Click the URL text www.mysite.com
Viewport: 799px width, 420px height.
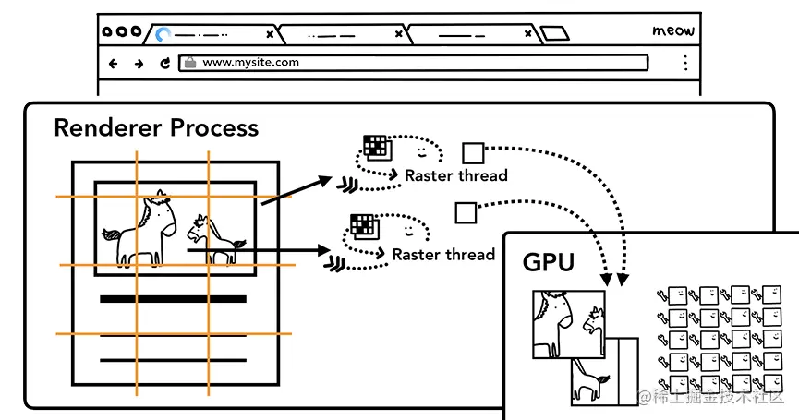(x=250, y=63)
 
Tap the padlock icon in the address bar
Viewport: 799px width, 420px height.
(x=189, y=63)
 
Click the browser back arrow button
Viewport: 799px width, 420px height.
(x=114, y=64)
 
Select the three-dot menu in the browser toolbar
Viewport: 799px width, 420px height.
(x=684, y=63)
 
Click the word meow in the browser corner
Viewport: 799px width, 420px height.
(x=672, y=30)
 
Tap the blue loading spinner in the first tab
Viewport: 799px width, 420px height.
(x=163, y=35)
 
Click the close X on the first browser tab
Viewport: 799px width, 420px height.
(x=270, y=34)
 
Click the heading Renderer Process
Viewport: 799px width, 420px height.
(x=156, y=127)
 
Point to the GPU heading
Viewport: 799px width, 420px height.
(x=549, y=263)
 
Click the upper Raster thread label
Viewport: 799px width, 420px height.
(x=456, y=175)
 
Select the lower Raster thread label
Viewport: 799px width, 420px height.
(x=443, y=254)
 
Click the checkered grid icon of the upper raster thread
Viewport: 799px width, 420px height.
(x=375, y=146)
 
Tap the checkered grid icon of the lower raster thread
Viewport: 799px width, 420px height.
(x=362, y=224)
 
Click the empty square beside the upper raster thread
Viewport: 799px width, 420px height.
(x=472, y=152)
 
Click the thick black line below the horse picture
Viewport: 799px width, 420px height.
(x=173, y=299)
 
